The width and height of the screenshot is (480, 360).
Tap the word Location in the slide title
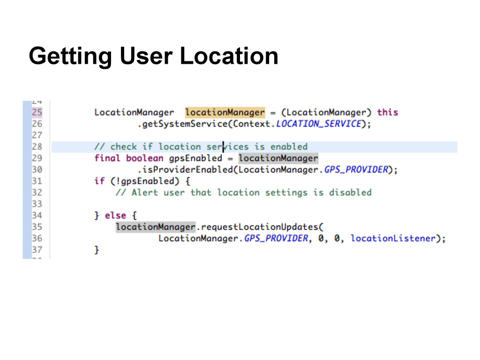click(229, 57)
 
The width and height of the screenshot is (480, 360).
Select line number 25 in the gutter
click(37, 112)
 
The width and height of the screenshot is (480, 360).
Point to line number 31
click(37, 181)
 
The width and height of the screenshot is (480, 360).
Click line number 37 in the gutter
click(37, 250)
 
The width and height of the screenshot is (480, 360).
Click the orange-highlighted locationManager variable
click(225, 112)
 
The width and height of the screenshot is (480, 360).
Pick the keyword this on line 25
click(387, 112)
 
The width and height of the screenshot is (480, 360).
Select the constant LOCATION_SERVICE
click(319, 124)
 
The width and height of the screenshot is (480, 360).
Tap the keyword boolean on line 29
click(145, 158)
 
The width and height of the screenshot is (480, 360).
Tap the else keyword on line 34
click(115, 216)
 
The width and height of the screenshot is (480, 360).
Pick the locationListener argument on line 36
click(393, 239)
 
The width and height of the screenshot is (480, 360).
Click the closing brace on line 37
click(97, 250)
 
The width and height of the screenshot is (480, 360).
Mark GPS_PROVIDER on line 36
click(276, 239)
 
